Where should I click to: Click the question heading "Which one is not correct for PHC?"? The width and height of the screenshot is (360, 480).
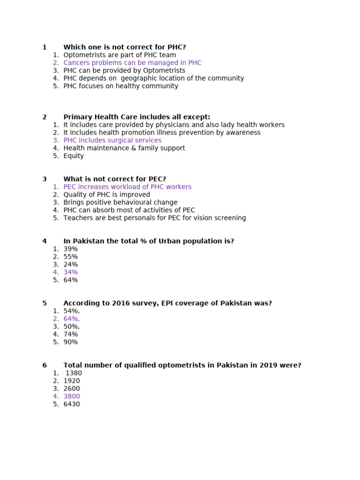tap(125, 47)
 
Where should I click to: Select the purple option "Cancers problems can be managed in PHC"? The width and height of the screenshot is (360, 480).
tap(132, 63)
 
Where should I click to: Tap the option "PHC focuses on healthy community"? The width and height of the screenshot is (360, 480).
tap(120, 86)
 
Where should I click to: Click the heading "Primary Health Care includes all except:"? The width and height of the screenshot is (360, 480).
tap(137, 117)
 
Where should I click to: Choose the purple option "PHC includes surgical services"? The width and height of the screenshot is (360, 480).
tap(112, 141)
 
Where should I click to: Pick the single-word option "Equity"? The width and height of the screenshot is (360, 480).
tap(74, 156)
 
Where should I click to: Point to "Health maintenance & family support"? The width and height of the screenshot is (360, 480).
tap(124, 148)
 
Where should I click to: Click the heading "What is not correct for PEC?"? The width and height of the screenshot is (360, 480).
tap(115, 179)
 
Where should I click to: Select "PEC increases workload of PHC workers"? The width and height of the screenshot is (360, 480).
tap(127, 187)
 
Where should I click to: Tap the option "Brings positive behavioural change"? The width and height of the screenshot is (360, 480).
tap(120, 202)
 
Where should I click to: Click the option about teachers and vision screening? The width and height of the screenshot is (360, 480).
tap(155, 218)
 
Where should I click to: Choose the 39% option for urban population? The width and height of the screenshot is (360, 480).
tap(71, 249)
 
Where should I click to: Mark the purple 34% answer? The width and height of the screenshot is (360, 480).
tap(71, 272)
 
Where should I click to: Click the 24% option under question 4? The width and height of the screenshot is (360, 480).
tap(71, 264)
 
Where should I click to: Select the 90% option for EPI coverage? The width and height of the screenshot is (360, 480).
tap(71, 342)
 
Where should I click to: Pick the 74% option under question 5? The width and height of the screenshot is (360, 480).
tap(71, 334)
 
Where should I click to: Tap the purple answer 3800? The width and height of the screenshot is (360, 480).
tap(72, 397)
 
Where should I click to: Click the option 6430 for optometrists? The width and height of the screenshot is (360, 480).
tap(72, 404)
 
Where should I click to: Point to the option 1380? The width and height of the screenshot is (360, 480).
tap(74, 373)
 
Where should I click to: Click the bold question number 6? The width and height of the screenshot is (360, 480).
tap(45, 366)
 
